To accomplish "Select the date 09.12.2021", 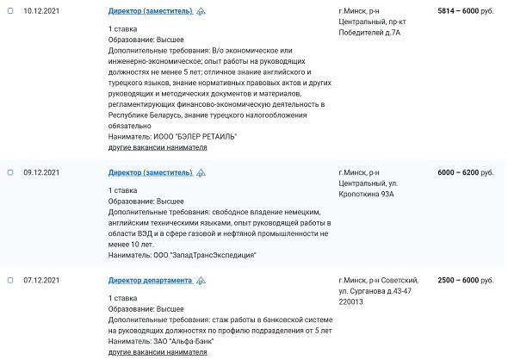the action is click(x=40, y=173).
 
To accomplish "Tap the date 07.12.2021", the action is click(x=40, y=281).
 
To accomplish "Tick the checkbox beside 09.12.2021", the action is click(x=10, y=173).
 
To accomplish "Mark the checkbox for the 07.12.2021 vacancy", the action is click(x=10, y=281).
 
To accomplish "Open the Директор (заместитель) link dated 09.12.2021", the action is click(x=149, y=173).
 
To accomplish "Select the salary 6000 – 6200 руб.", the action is click(x=466, y=173).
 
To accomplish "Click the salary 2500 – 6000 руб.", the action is click(x=466, y=281).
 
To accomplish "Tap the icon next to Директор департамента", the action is click(x=201, y=281).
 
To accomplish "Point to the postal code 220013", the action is click(x=352, y=302).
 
